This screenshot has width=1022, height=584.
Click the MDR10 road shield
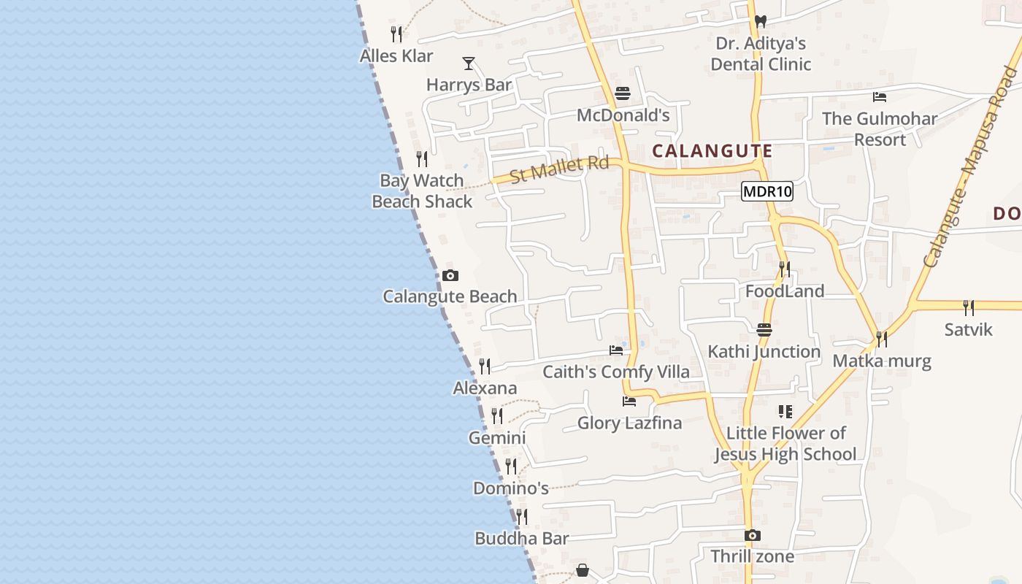(766, 192)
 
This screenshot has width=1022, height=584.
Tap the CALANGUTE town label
(712, 151)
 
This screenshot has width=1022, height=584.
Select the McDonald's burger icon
(623, 93)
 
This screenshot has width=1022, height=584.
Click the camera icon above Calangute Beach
(450, 275)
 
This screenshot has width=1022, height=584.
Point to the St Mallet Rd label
(559, 169)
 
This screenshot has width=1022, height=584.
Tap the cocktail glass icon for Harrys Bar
(469, 64)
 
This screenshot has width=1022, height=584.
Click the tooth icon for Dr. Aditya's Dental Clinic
(760, 22)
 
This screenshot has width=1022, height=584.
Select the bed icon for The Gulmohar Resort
(880, 96)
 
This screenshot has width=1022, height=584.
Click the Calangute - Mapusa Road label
(970, 167)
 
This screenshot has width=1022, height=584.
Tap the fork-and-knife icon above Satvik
(968, 307)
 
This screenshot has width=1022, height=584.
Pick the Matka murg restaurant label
(882, 361)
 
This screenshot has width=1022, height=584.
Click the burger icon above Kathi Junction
(764, 329)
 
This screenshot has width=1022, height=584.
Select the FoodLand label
(785, 291)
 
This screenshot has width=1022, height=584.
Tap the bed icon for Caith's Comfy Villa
(616, 350)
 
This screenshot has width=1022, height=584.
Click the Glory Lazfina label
(629, 423)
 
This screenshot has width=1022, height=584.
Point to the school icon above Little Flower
(785, 412)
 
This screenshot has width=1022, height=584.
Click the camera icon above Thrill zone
(753, 535)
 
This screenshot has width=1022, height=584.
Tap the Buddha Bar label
(521, 539)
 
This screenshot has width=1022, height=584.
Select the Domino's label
(510, 488)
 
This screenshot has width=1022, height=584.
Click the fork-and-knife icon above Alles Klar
(396, 34)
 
